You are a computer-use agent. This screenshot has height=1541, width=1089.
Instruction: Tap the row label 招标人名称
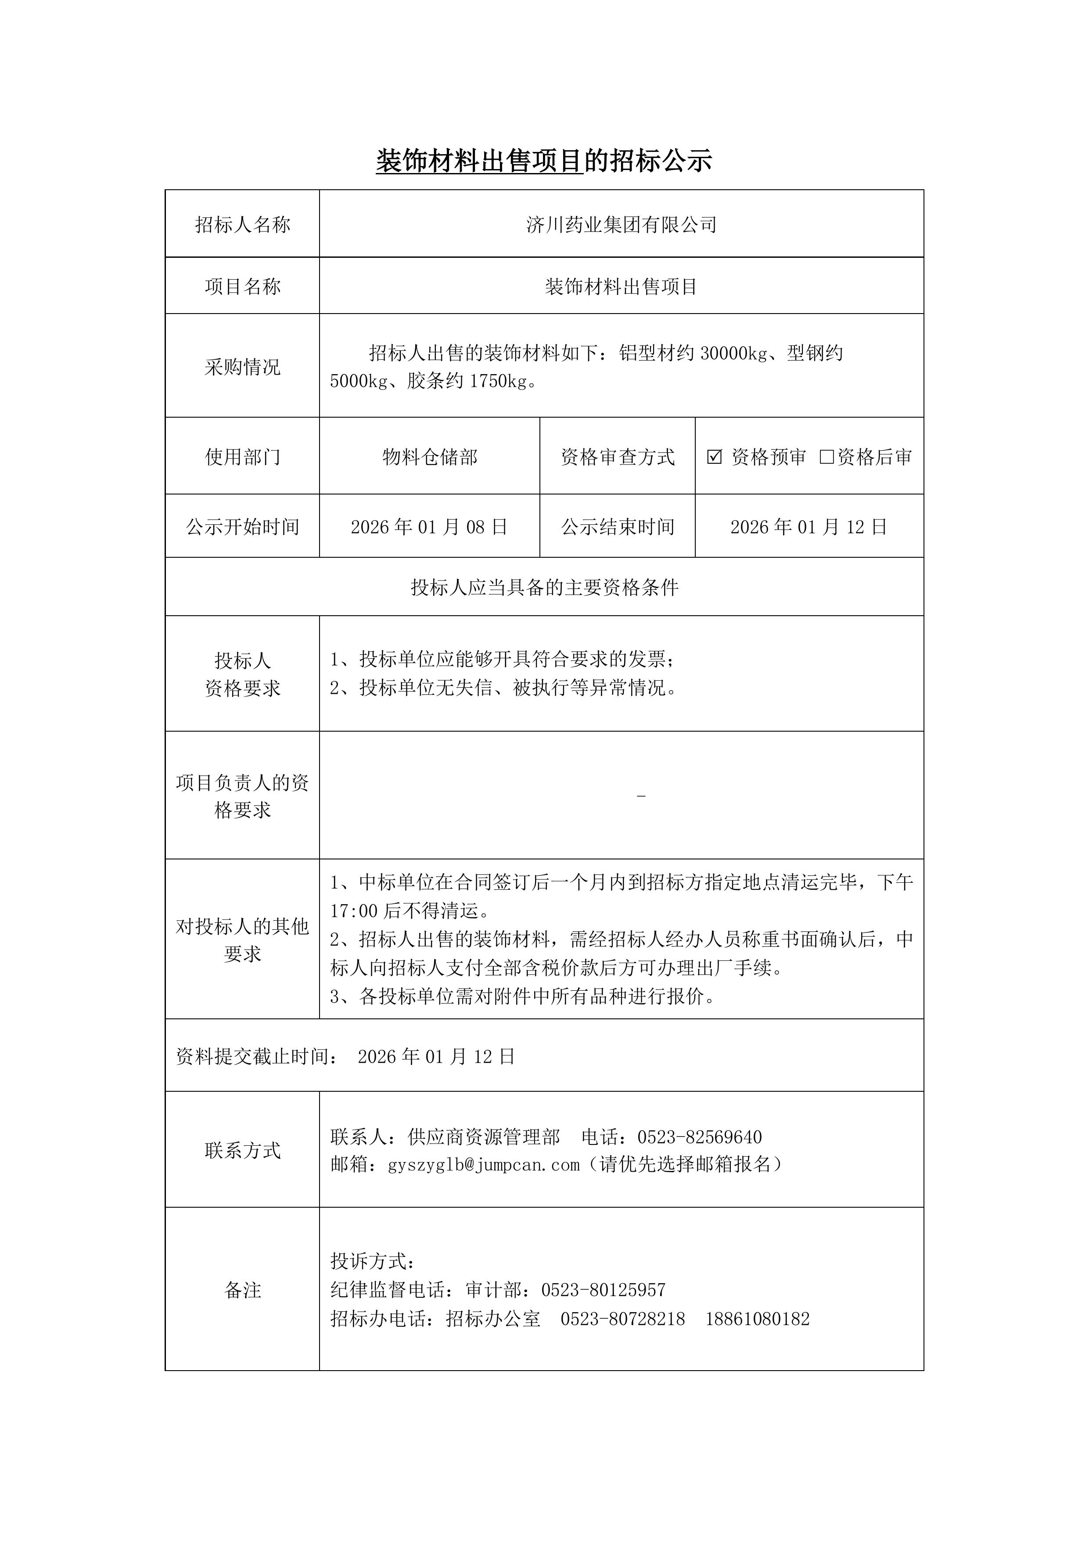242,225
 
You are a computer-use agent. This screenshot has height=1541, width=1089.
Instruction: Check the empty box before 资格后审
827,457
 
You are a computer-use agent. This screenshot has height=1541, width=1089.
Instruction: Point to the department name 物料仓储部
429,457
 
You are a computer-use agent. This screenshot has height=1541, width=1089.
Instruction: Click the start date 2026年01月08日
429,527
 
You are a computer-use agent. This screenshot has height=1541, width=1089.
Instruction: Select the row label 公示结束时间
617,527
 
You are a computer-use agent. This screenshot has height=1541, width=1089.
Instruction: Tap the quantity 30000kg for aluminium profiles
733,353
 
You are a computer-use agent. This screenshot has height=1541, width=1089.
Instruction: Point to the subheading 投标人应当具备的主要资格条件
544,588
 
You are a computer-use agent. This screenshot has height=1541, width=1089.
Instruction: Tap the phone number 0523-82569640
699,1137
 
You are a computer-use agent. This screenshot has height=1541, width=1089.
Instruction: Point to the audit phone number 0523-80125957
603,1289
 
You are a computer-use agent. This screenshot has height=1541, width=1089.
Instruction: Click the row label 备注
242,1289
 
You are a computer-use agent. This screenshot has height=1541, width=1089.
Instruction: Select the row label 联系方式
242,1151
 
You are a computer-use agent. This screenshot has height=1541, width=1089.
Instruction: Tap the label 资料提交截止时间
257,1057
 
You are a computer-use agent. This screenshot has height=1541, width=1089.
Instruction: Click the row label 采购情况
242,367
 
